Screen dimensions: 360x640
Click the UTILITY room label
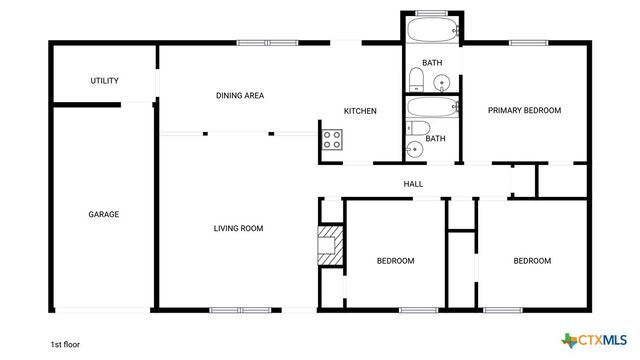pos(105,81)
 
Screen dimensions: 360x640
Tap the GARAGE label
pos(104,214)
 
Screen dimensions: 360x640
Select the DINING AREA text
pos(240,96)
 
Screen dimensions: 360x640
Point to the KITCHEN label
pos(360,111)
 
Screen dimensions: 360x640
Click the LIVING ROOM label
pos(238,229)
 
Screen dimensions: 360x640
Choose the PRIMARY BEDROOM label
pos(524,110)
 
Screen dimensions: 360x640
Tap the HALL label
pos(413,184)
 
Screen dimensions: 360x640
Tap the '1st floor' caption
pos(65,343)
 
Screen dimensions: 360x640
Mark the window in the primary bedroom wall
pos(525,43)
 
